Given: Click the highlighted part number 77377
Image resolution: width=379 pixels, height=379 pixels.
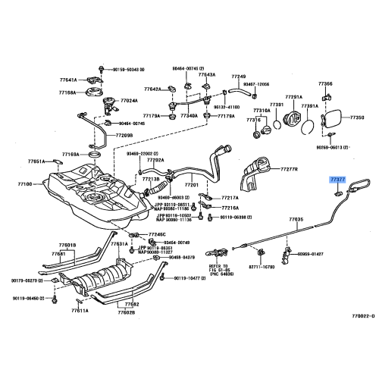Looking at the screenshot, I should click(338, 180).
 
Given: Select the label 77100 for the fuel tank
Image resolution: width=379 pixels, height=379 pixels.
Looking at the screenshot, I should click(27, 183).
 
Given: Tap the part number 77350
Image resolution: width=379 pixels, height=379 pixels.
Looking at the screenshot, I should click(356, 118).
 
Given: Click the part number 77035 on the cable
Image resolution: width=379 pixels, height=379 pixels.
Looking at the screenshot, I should click(296, 218).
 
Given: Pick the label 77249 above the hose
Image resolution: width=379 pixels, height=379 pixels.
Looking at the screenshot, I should click(239, 77).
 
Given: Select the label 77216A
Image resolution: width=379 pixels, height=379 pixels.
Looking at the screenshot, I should click(230, 207).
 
